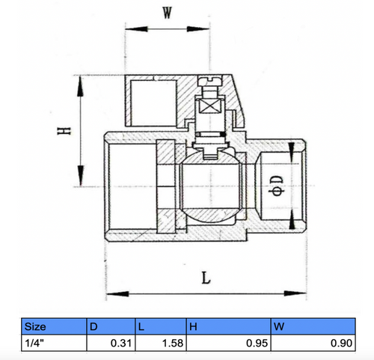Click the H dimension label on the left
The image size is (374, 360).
click(x=66, y=132)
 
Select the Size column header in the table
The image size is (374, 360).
click(x=38, y=326)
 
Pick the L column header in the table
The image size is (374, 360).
click(x=141, y=326)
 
